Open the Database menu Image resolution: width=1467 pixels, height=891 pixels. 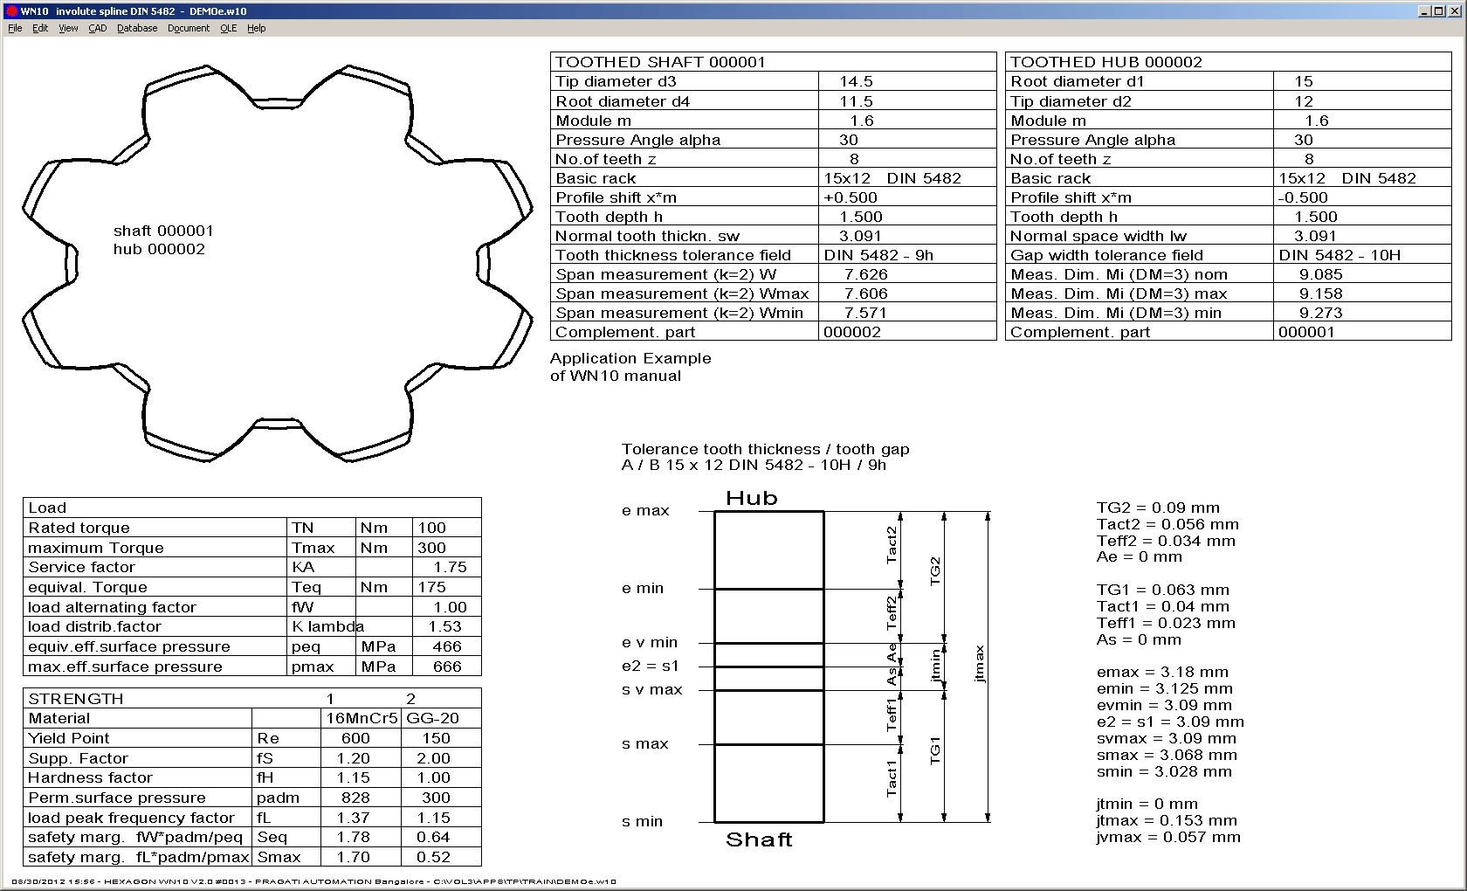point(137,28)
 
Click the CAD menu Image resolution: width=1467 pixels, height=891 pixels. point(97,28)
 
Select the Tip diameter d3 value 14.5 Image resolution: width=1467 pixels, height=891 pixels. point(856,81)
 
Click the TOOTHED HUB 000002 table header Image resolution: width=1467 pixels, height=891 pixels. point(1105,62)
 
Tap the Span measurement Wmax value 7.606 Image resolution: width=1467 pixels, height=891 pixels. point(865,294)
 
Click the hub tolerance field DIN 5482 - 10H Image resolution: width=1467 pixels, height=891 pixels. point(1339,255)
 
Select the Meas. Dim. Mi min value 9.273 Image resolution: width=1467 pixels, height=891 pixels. point(1320,313)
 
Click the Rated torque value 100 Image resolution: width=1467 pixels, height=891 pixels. point(431,528)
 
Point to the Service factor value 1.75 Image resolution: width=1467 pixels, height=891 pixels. point(450,567)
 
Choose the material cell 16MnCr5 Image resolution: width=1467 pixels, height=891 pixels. point(362,718)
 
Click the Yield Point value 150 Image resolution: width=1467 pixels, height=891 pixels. point(436,738)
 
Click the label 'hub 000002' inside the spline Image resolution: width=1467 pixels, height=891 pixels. point(159,249)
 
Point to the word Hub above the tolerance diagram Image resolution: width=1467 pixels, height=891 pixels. point(751,498)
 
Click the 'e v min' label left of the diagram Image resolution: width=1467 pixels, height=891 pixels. point(649,642)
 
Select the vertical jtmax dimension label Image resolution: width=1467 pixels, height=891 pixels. point(979,663)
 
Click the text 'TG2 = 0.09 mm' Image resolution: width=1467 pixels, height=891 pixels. point(1158,508)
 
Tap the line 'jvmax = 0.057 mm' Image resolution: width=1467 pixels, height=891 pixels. point(1167,837)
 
